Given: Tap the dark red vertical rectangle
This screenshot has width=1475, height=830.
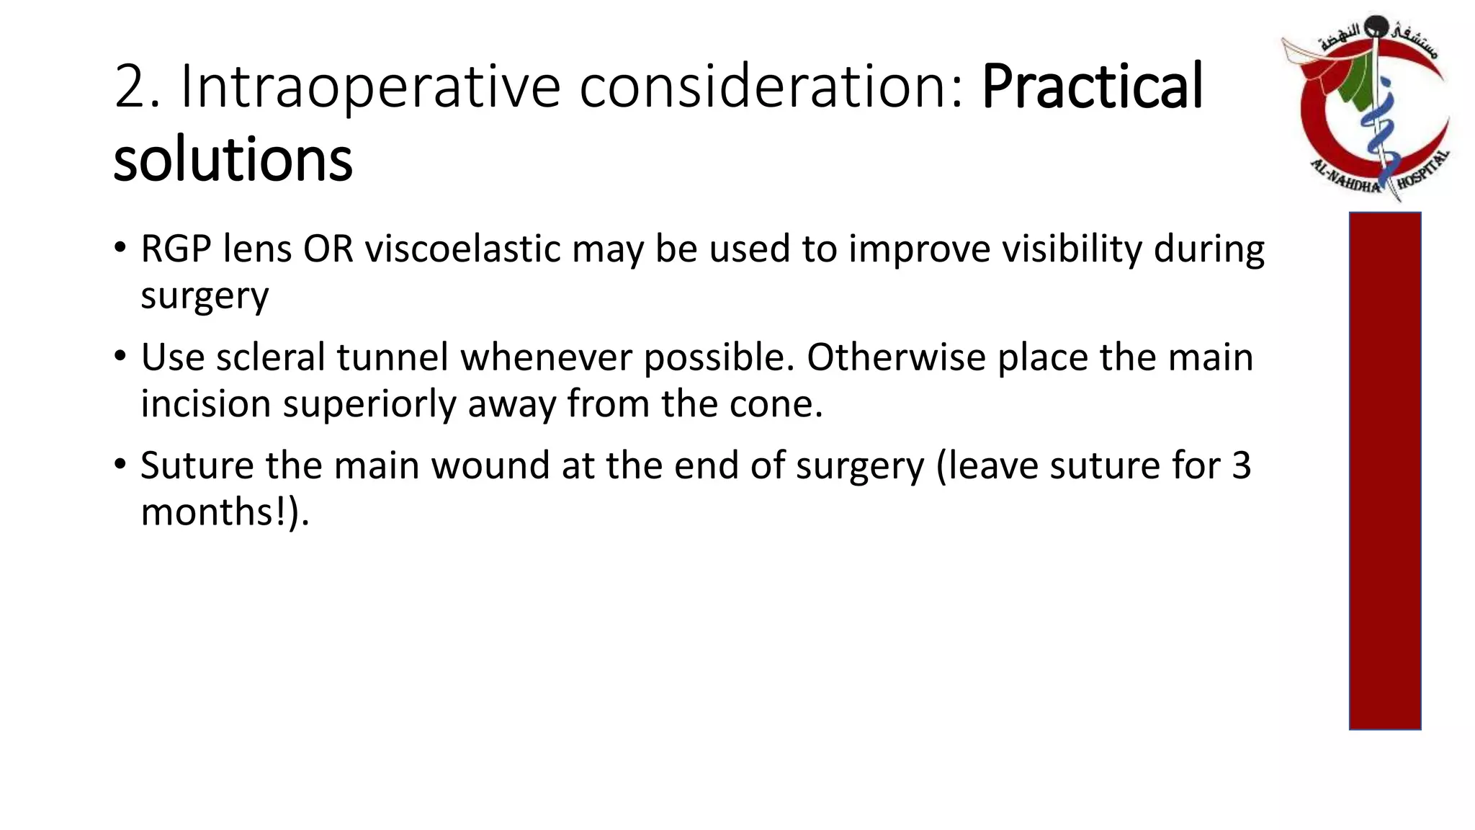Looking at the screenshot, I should [x=1384, y=470].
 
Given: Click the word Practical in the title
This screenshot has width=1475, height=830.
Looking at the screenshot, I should [x=1092, y=87].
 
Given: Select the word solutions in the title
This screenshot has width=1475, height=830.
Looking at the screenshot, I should [x=233, y=160].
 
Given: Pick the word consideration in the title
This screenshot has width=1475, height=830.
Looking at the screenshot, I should [x=771, y=87].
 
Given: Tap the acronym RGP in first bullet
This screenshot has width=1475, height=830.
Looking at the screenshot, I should [x=176, y=249].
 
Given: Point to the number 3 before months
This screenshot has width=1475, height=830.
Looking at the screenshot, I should [x=1241, y=465].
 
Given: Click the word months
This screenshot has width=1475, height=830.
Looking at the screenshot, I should [x=213, y=512].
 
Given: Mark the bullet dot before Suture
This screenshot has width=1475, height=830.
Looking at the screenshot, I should [x=120, y=464].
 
